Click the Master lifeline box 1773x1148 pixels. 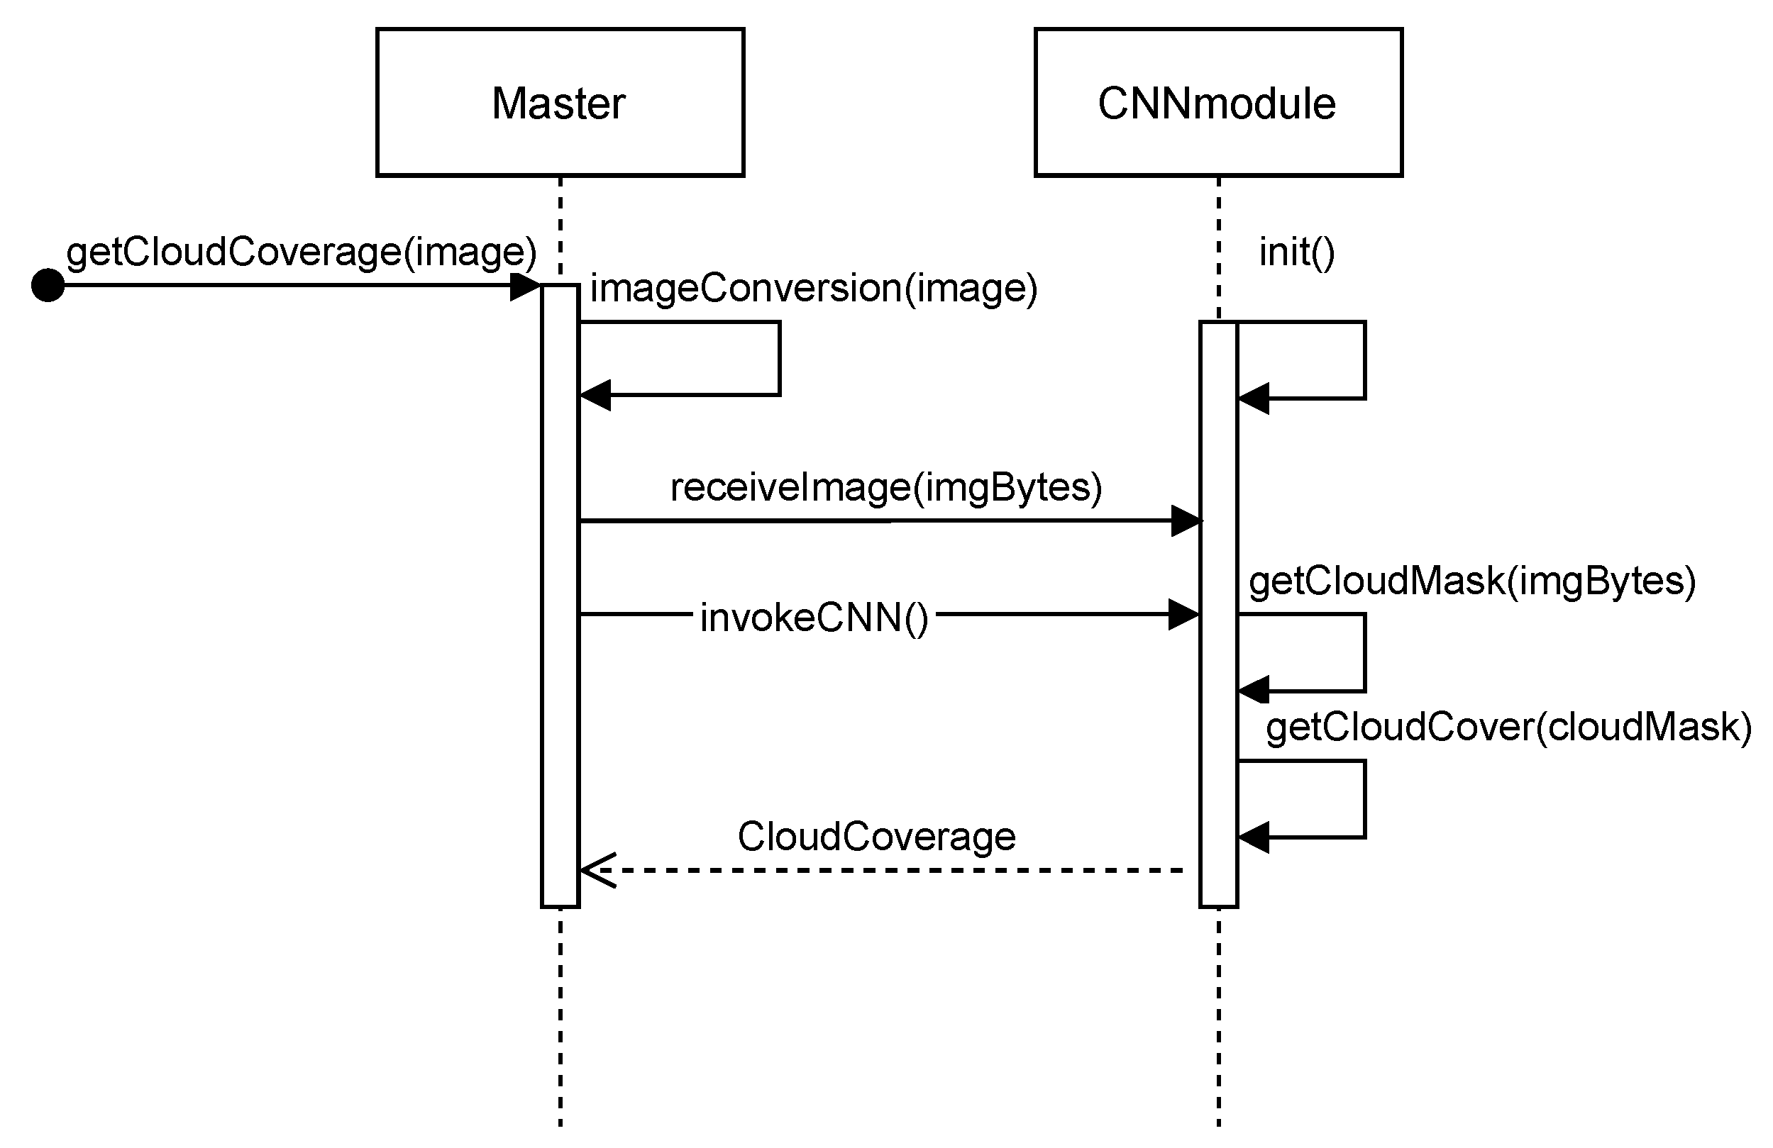560,102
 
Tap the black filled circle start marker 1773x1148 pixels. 48,285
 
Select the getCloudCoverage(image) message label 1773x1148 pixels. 301,252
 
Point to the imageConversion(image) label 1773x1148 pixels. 813,288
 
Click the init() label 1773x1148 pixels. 1296,252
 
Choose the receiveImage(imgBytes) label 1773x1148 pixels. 885,487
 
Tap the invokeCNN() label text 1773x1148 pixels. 814,618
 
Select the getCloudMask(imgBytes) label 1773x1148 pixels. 1472,581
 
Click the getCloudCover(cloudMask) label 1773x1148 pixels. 1508,728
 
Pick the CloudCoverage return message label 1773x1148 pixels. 876,836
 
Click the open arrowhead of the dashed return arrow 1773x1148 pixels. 596,869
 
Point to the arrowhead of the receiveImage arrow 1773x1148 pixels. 1186,520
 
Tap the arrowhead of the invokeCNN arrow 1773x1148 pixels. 1183,614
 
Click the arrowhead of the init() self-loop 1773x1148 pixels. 1254,399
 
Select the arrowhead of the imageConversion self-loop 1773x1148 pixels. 595,394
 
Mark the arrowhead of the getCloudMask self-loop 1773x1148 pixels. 1254,690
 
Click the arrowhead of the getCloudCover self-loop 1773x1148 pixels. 1254,837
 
